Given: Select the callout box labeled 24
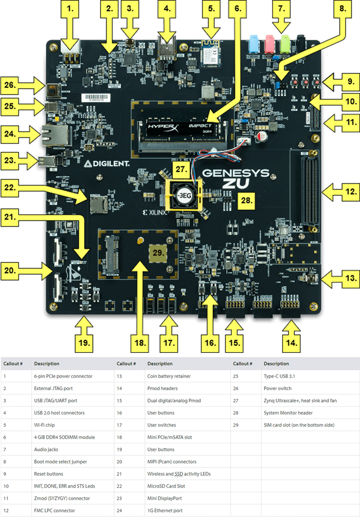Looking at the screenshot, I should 13,134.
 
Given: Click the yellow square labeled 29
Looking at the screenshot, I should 159,253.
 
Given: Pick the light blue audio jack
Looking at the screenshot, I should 254,44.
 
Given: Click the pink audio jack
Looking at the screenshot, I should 269,44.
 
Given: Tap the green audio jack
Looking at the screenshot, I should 285,43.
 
